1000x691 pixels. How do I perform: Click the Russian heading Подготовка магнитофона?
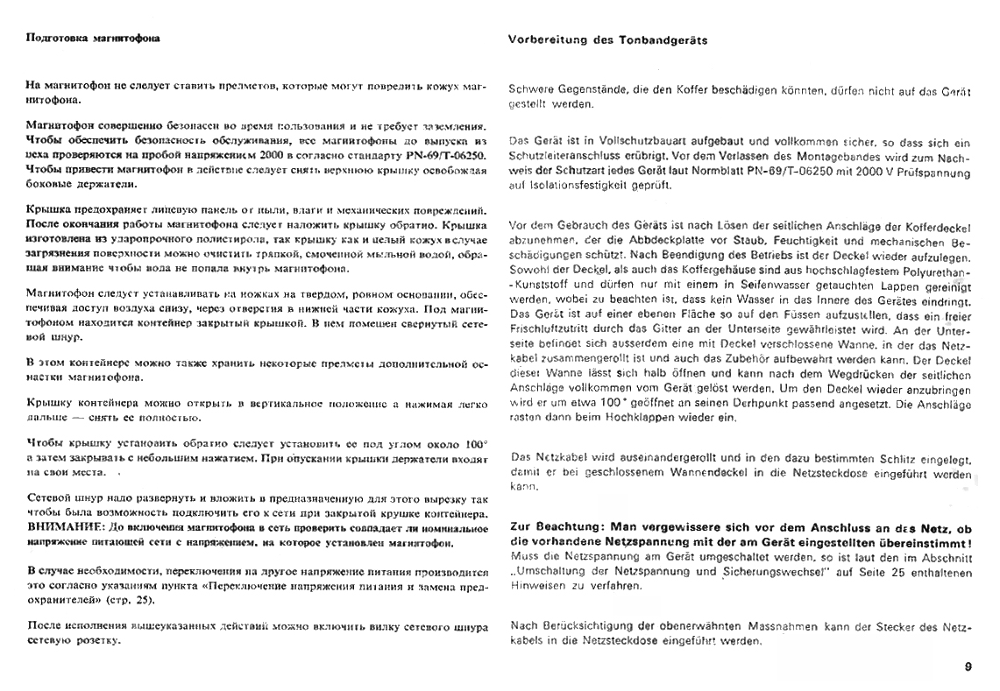click(x=94, y=39)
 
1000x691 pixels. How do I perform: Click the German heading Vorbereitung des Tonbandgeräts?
click(x=608, y=40)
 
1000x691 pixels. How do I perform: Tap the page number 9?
click(x=968, y=667)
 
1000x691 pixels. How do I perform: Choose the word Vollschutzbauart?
click(x=631, y=141)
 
